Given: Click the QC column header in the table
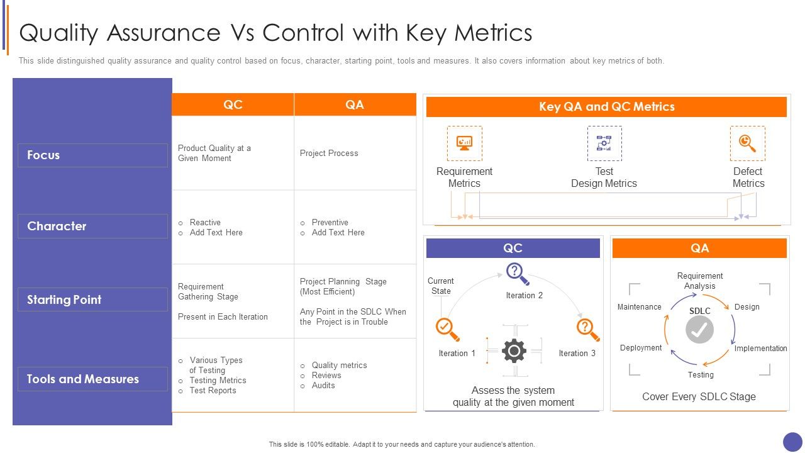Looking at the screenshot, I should click(x=233, y=105).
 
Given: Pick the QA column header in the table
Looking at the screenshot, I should click(x=355, y=105).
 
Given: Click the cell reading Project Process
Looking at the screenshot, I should click(x=329, y=154).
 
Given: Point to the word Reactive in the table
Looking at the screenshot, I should click(x=205, y=223).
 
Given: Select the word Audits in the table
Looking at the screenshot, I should click(x=323, y=386).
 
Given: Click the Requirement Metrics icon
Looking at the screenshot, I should click(x=464, y=143).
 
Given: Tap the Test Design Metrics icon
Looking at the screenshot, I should click(x=604, y=143).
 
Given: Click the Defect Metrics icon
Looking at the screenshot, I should click(x=747, y=143).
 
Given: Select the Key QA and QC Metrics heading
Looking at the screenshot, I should click(x=606, y=107).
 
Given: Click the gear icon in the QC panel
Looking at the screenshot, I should click(x=514, y=351).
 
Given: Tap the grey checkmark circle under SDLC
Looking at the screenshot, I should click(x=699, y=330).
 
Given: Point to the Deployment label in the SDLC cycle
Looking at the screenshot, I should click(x=641, y=348).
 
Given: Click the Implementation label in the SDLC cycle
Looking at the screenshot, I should click(x=760, y=349).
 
